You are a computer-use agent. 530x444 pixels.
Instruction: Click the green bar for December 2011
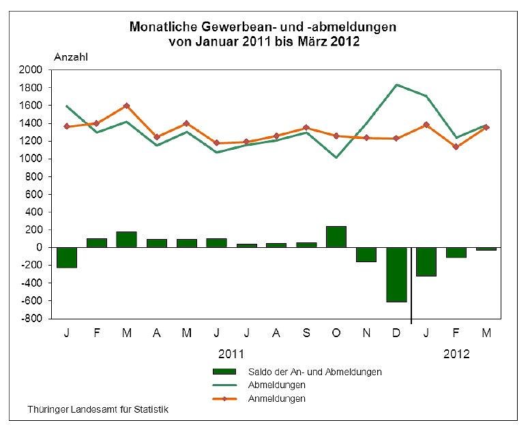396,274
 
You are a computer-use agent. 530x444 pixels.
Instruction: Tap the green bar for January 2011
67,257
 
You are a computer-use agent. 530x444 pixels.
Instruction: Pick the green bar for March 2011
126,240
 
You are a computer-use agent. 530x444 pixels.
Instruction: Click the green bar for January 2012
426,261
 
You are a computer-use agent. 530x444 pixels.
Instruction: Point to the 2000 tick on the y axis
32,70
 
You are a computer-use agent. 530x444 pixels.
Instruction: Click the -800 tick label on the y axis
32,319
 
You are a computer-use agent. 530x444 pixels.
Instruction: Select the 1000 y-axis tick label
32,159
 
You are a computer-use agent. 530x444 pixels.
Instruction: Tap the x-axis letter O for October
336,334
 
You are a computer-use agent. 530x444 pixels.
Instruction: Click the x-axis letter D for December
396,334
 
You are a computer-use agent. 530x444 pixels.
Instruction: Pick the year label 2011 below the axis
231,355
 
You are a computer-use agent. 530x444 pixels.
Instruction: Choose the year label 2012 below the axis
456,355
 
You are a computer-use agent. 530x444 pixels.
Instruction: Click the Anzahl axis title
71,57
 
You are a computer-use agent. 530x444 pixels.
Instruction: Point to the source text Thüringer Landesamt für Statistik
98,410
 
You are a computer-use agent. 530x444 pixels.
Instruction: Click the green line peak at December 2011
396,85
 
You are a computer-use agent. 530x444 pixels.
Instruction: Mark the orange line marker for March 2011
126,106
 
